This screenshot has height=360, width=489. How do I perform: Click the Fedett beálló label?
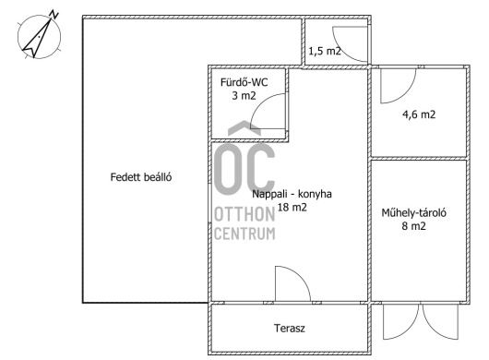click(x=141, y=177)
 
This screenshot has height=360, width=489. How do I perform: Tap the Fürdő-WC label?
click(x=244, y=82)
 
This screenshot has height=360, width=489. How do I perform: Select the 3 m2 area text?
click(x=244, y=95)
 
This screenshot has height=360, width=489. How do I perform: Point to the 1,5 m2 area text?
click(x=325, y=51)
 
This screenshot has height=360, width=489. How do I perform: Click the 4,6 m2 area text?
click(x=419, y=114)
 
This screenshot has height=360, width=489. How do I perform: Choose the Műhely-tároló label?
click(x=414, y=212)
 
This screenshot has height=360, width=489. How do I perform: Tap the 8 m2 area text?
click(x=413, y=226)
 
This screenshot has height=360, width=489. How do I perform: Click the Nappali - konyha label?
click(x=292, y=194)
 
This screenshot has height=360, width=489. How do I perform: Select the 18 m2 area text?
click(x=292, y=207)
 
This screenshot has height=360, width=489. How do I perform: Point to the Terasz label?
click(x=290, y=329)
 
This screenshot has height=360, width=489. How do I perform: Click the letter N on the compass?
click(x=54, y=15)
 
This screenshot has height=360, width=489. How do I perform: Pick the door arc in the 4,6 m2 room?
click(x=406, y=93)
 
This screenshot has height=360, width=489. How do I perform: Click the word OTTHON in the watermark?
click(x=244, y=214)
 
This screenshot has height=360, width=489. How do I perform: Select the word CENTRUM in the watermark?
click(x=244, y=234)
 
